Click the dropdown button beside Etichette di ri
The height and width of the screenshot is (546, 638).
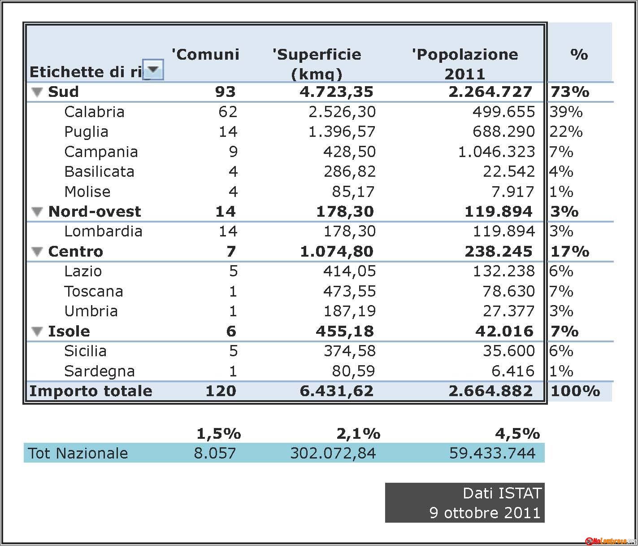pos(153,70)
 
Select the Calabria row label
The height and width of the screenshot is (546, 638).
pos(94,112)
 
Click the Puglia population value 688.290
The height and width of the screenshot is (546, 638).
pos(503,131)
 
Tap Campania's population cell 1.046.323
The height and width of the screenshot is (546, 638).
pos(496,152)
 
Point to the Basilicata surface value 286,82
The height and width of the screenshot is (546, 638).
pos(349,172)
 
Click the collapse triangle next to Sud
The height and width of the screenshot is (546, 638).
pos(37,92)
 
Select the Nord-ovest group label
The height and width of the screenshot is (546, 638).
pos(95,212)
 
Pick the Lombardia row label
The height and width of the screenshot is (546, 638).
pos(103,232)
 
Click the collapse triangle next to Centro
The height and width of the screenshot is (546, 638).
pos(37,252)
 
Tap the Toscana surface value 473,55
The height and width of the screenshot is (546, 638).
pos(349,291)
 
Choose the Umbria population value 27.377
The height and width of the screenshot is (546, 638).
pos(508,311)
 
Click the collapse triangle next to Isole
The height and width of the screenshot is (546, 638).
pos(37,332)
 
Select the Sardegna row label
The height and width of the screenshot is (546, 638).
pos(100,371)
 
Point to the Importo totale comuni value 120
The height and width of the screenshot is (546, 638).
pos(221,391)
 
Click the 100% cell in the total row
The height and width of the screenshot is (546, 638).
pos(575,391)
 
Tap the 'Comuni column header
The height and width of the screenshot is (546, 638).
pos(205,54)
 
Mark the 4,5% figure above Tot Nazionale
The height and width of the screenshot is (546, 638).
pos(517,434)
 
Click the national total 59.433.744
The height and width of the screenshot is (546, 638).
pos(492,453)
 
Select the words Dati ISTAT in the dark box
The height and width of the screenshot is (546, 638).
pos(502,493)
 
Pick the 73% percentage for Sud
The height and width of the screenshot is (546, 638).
pos(570,92)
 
